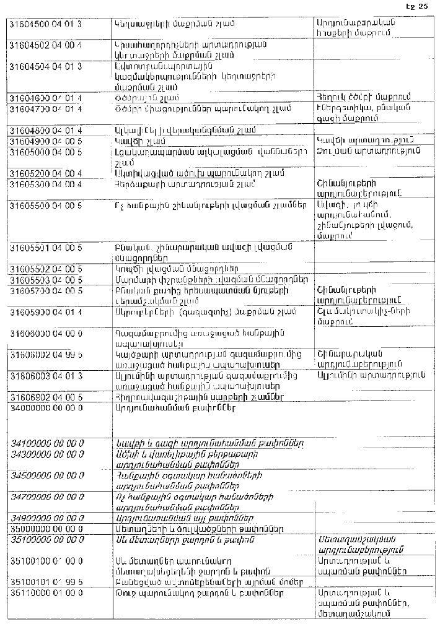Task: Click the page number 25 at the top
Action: click(x=423, y=6)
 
